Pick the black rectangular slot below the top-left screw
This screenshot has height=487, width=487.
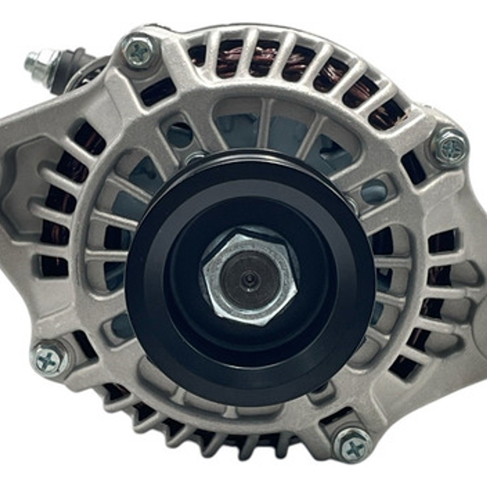(x=158, y=93)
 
